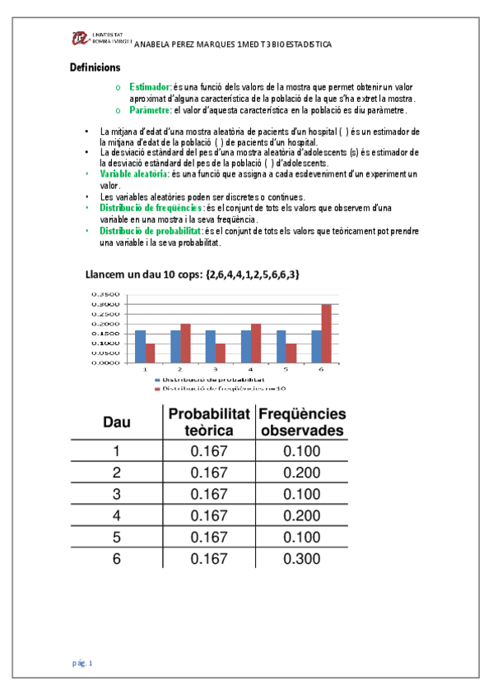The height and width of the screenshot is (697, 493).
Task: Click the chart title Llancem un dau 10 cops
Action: (193, 274)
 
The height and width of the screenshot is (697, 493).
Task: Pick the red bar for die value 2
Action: (186, 342)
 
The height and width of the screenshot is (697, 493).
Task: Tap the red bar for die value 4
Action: (256, 342)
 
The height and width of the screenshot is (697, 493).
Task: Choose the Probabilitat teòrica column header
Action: (209, 422)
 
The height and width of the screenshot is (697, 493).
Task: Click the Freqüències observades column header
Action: (301, 422)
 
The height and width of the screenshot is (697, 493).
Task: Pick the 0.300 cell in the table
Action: (300, 558)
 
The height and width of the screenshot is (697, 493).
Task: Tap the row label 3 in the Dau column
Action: (116, 494)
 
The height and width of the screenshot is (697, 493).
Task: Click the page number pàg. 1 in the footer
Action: (81, 662)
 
